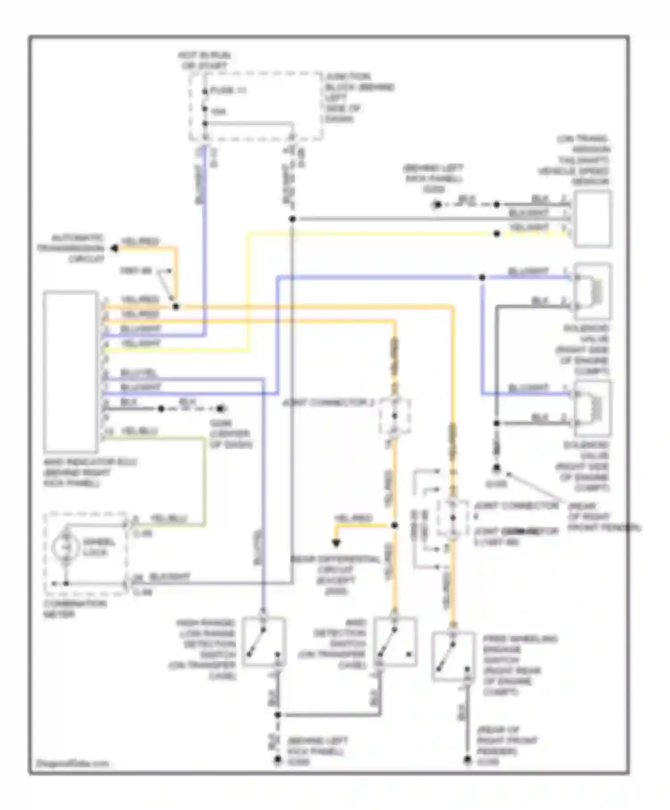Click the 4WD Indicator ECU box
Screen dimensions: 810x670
pyautogui.click(x=71, y=371)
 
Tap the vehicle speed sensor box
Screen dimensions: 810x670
pyautogui.click(x=593, y=218)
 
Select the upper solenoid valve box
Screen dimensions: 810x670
pyautogui.click(x=593, y=291)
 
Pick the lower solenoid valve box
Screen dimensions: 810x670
pyautogui.click(x=593, y=408)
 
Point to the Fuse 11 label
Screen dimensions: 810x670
pyautogui.click(x=228, y=91)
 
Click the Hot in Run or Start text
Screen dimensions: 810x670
pyautogui.click(x=204, y=60)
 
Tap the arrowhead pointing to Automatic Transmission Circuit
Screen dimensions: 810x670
pyautogui.click(x=114, y=248)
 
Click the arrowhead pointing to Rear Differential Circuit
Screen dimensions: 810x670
pyautogui.click(x=336, y=543)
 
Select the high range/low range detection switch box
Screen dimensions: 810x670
pyautogui.click(x=264, y=642)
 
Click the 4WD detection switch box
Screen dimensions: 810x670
pyautogui.click(x=395, y=642)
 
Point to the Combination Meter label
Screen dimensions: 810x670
pyautogui.click(x=75, y=609)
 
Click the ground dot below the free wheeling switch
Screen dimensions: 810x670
pyautogui.click(x=467, y=760)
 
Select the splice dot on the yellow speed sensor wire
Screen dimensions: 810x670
pyautogui.click(x=496, y=234)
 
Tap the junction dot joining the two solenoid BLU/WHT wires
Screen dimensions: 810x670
pyautogui.click(x=482, y=277)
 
